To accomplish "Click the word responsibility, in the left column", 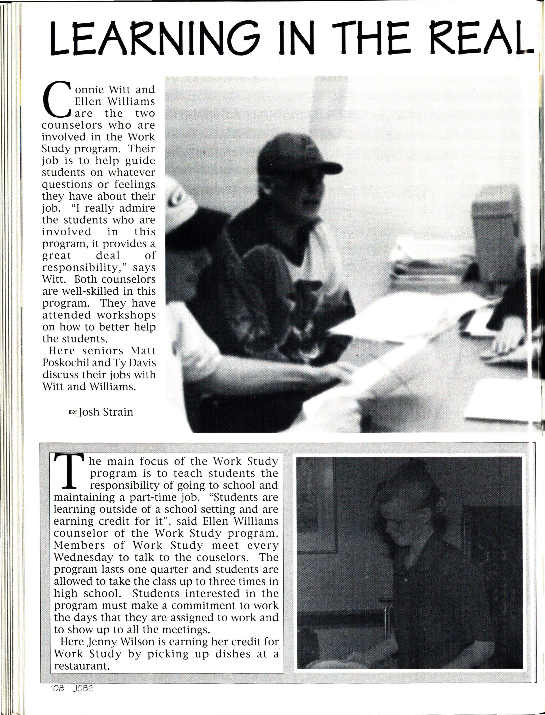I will [x=84, y=268].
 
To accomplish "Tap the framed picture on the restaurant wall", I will [x=316, y=507].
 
